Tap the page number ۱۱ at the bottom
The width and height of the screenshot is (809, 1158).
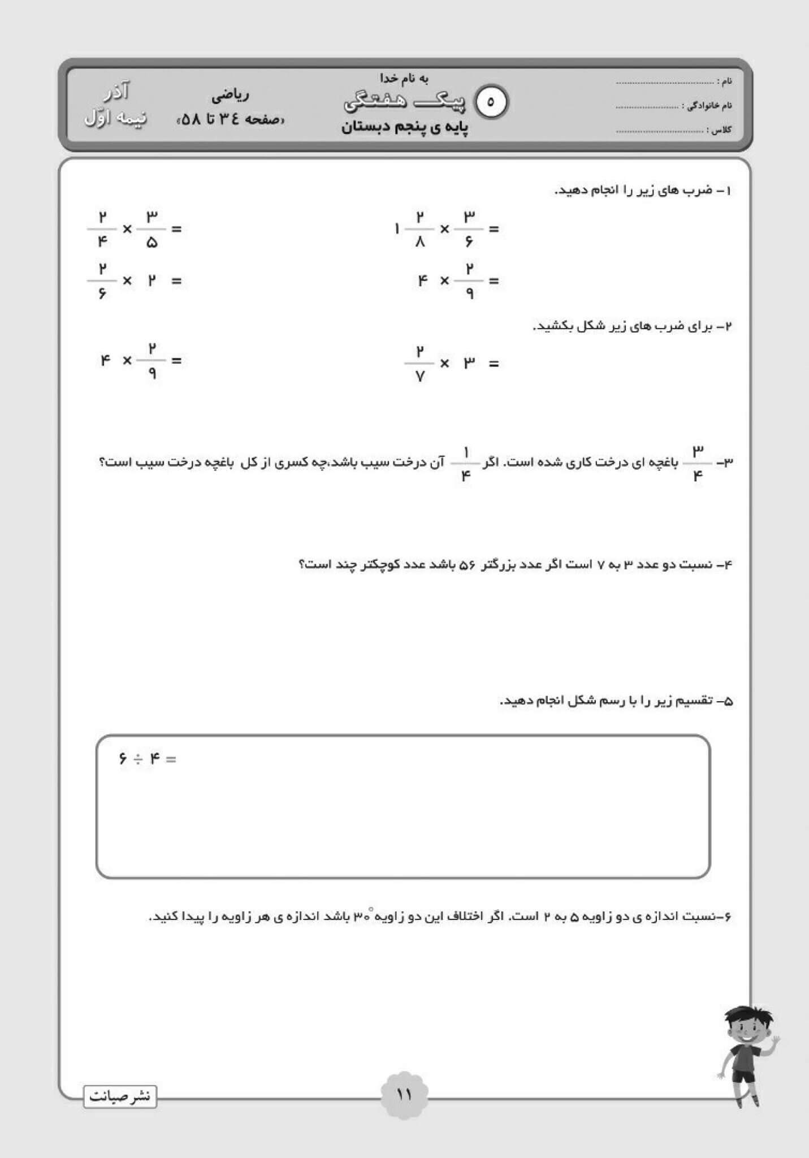[x=404, y=1094]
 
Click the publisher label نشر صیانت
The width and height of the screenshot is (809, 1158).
[x=120, y=1096]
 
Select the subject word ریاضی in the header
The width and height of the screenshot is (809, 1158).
[x=230, y=96]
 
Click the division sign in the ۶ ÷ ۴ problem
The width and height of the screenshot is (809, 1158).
[x=138, y=759]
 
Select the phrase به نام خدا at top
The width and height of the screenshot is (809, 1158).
[x=404, y=79]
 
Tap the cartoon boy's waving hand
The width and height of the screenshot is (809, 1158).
[x=774, y=1040]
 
